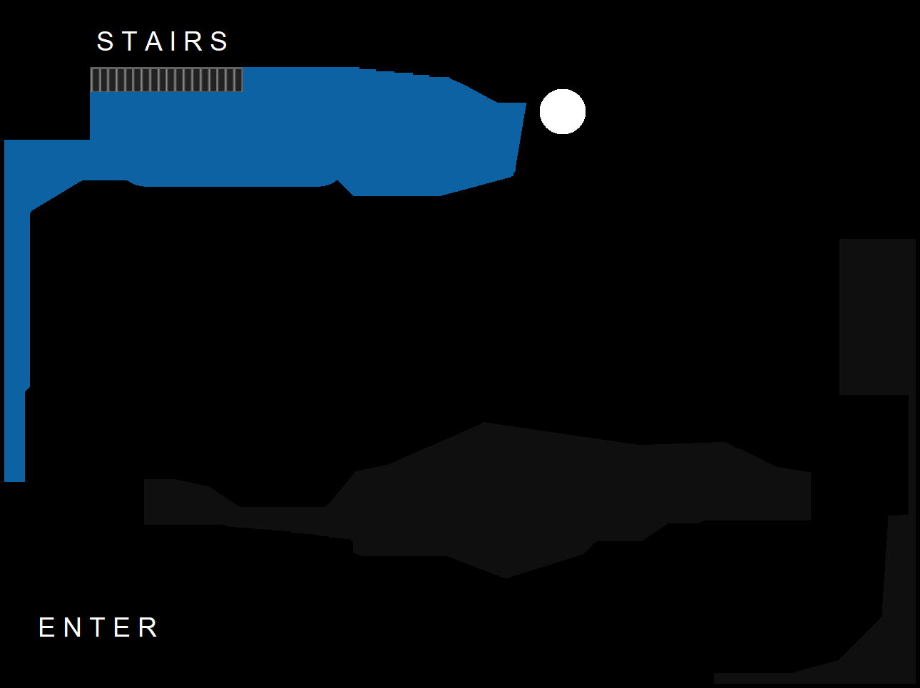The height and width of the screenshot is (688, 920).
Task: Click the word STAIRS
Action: pos(163,41)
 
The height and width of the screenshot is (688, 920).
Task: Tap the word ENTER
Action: pos(98,627)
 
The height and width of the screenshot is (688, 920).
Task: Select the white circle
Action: pos(563,111)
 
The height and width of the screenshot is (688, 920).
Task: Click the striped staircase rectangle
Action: pos(166,80)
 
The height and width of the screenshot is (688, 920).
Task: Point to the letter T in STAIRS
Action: pos(130,41)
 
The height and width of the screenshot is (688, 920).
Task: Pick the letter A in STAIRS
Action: pos(154,41)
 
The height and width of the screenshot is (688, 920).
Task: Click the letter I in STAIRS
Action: pos(173,41)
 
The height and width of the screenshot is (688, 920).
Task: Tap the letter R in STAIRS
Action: pos(193,41)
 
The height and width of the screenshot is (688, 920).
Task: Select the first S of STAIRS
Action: pos(106,41)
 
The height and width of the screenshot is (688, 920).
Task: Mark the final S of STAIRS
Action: pos(219,41)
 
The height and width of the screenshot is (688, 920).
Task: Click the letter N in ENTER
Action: pos(72,627)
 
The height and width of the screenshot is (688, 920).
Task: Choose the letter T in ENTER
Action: pos(98,627)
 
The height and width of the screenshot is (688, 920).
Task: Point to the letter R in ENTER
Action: pos(148,627)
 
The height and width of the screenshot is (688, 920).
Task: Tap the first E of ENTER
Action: pos(46,627)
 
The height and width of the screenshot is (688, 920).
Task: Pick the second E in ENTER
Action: pos(122,627)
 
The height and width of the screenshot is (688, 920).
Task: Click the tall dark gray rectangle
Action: pos(877,317)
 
